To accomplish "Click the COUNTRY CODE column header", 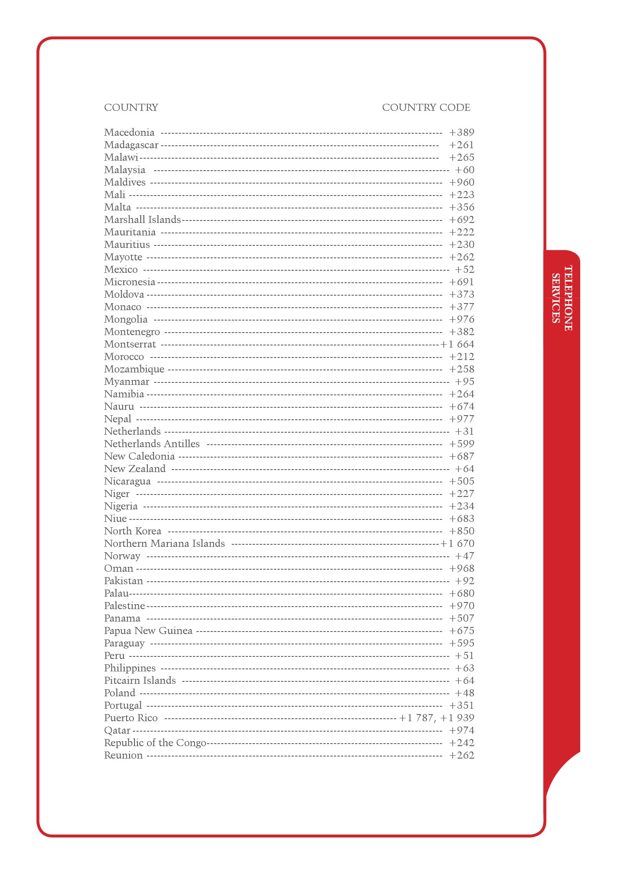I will pos(426,108).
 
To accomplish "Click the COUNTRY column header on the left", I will pos(131,108).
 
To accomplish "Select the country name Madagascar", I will pos(131,145).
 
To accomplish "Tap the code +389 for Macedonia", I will pos(461,132).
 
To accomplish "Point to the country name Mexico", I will pos(121,269).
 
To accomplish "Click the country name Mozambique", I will pos(134,369).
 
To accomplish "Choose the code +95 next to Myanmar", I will pos(464,382).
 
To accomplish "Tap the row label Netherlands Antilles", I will pos(152,444).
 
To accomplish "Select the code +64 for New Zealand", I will pos(464,469).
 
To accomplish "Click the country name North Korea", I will pos(132,531).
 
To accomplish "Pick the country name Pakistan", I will pos(123,581).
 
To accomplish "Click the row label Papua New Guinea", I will pos(148,631).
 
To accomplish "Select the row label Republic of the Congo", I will pos(155,743).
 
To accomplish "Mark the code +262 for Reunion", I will pos(461,755).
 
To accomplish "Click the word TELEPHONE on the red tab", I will pos(568,298).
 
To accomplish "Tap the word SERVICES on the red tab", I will pos(556,298).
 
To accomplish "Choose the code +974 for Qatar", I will pos(461,730).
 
